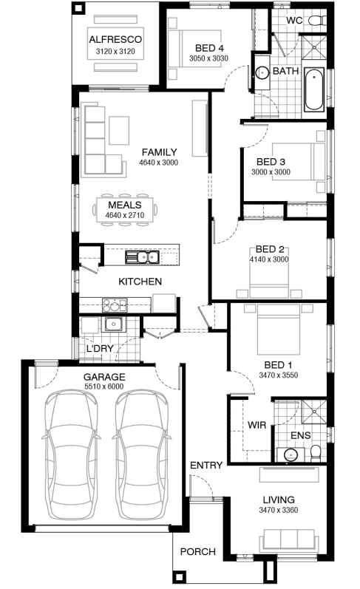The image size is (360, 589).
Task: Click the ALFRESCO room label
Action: click(115, 39)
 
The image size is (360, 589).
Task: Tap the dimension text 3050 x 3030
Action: click(208, 58)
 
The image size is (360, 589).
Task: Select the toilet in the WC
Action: click(317, 20)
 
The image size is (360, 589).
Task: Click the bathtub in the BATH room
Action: click(313, 89)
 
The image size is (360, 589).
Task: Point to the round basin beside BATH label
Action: click(262, 72)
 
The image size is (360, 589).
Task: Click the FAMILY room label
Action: click(159, 152)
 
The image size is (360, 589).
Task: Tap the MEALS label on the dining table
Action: click(125, 205)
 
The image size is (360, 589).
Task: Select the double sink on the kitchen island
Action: click(142, 257)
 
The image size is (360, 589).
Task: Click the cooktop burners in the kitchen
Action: click(115, 305)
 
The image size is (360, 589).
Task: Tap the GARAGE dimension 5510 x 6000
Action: click(103, 387)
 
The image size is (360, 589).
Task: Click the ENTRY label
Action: click(206, 466)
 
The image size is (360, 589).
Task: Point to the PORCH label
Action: click(198, 552)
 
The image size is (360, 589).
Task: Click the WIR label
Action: click(257, 425)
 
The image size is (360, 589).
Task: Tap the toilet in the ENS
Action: click(316, 454)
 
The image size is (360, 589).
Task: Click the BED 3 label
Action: click(271, 162)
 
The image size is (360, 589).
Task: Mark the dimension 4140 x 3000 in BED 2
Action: click(269, 259)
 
